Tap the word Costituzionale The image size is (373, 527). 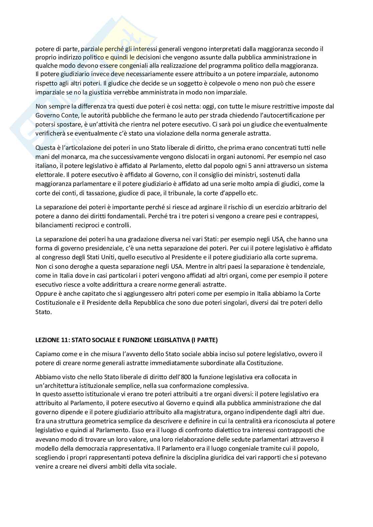pos(54,303)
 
